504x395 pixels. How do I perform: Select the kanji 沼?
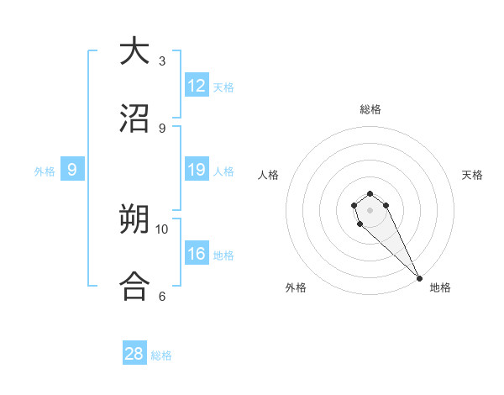pyautogui.click(x=135, y=118)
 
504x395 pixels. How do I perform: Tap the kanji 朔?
pyautogui.click(x=135, y=221)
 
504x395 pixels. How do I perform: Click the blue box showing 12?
pyautogui.click(x=197, y=86)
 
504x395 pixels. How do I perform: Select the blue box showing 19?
pyautogui.click(x=197, y=170)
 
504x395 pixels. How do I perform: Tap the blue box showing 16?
pyautogui.click(x=197, y=254)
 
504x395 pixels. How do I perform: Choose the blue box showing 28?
pyautogui.click(x=134, y=354)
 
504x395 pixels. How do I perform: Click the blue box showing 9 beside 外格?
pyautogui.click(x=72, y=170)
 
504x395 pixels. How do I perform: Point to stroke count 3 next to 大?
pyautogui.click(x=162, y=61)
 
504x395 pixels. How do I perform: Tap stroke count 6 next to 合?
pyautogui.click(x=162, y=297)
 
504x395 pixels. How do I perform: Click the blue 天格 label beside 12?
pyautogui.click(x=223, y=87)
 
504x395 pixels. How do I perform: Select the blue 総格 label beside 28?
pyautogui.click(x=161, y=355)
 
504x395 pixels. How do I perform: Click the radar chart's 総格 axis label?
pyautogui.click(x=370, y=109)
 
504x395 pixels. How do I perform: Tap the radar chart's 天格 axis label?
pyautogui.click(x=472, y=175)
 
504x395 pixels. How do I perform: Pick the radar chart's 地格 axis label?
pyautogui.click(x=440, y=287)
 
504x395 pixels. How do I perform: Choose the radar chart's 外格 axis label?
pyautogui.click(x=296, y=287)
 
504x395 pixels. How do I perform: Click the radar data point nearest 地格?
pyautogui.click(x=419, y=277)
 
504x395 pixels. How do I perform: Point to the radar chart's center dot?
pyautogui.click(x=370, y=210)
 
